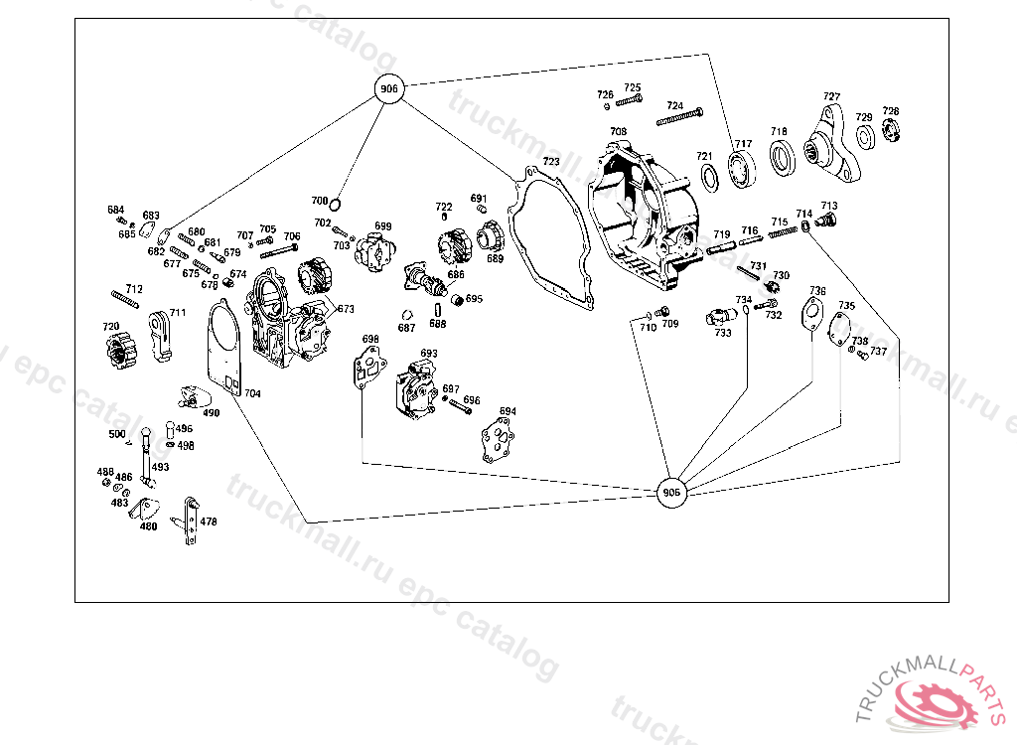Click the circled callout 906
[x=389, y=89]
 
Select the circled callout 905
[x=672, y=492]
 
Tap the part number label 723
[x=551, y=161]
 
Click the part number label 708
[x=618, y=132]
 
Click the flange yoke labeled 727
[x=832, y=149]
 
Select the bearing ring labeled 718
[x=784, y=158]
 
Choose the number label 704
[x=252, y=393]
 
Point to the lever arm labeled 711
[x=163, y=333]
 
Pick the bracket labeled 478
[x=188, y=521]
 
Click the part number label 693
[x=429, y=353]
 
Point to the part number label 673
[x=346, y=309]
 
